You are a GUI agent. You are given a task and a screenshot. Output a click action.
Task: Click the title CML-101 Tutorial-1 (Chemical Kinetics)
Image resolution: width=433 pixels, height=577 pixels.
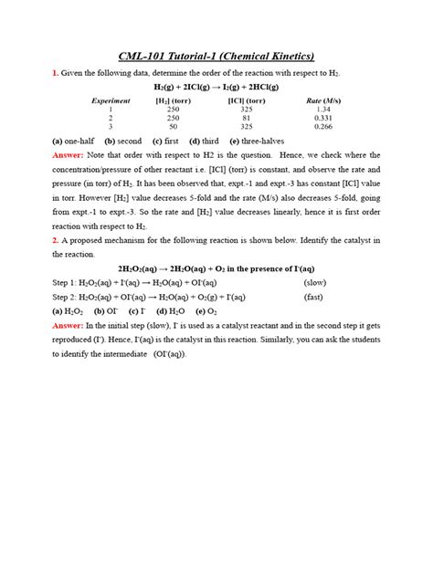[x=216, y=56]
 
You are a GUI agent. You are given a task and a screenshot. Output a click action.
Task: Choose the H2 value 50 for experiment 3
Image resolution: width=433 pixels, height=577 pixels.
[x=174, y=128]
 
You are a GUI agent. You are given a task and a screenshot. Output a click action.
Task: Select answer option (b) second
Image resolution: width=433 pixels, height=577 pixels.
[x=123, y=142]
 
